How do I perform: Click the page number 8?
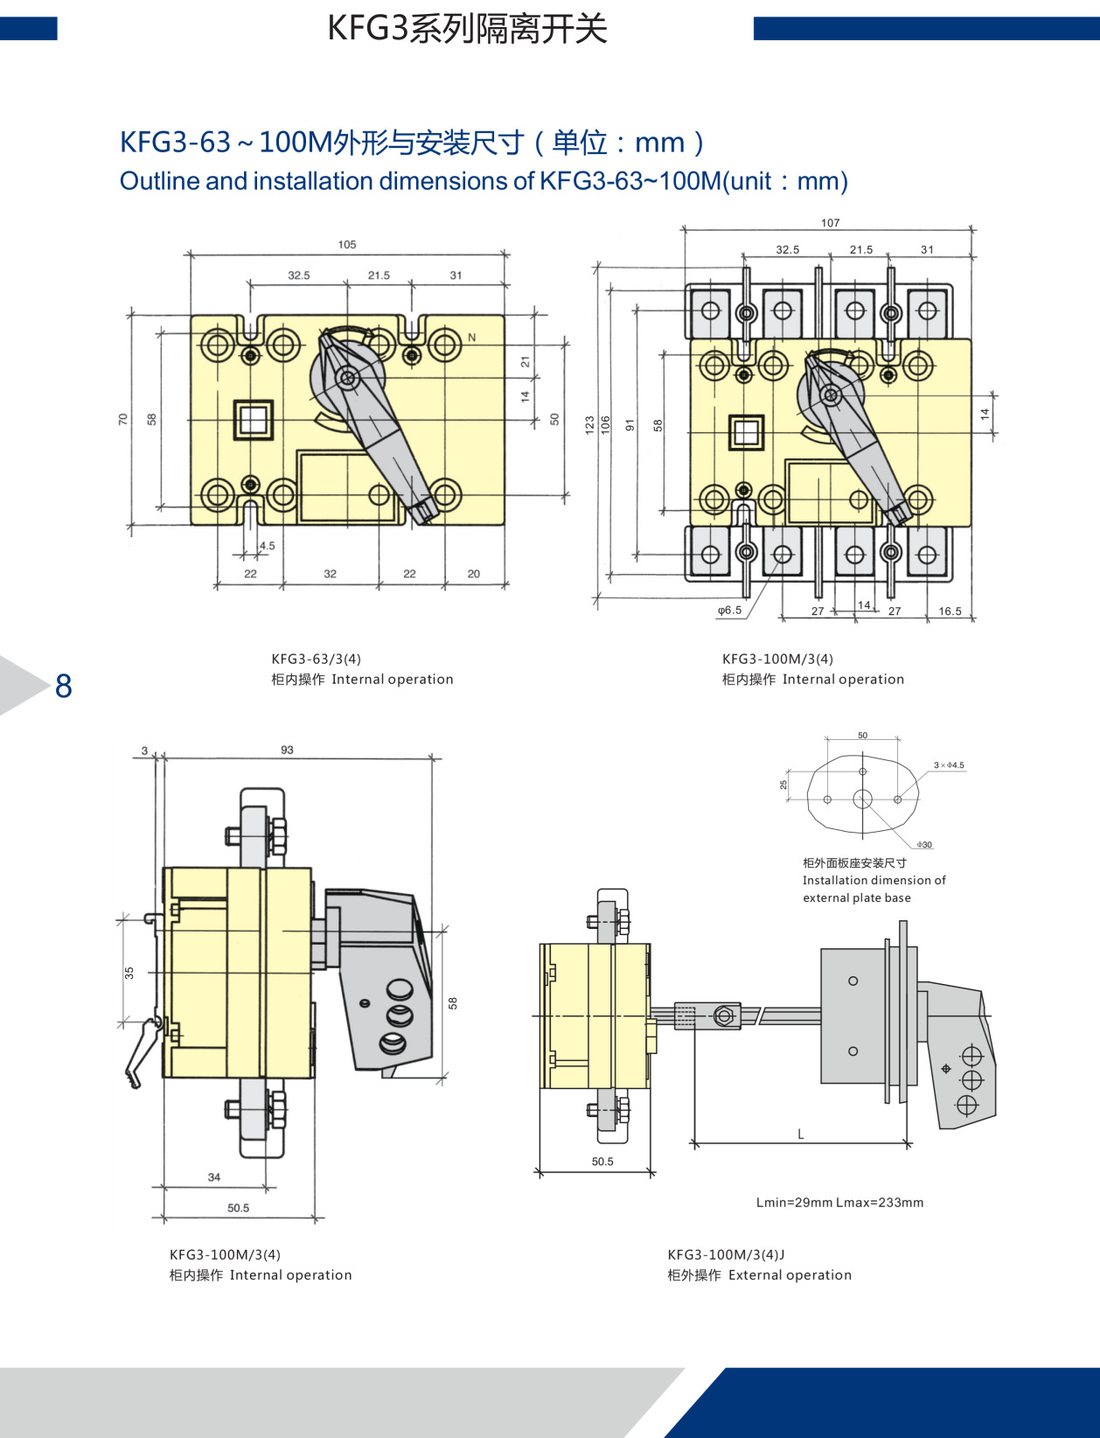click(63, 687)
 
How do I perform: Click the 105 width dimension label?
click(347, 245)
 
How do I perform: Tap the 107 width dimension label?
click(830, 223)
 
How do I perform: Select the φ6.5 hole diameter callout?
click(729, 611)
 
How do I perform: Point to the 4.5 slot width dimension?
click(267, 546)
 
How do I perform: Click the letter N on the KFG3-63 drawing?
click(472, 338)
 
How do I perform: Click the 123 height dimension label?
click(590, 425)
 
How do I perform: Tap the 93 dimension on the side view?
click(287, 750)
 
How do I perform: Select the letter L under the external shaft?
click(800, 1134)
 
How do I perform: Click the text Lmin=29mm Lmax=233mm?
click(839, 1203)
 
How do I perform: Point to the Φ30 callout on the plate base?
click(924, 845)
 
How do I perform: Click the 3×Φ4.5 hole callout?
click(949, 765)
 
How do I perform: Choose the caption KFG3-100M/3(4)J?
click(726, 1254)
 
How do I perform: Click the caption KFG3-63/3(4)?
click(316, 659)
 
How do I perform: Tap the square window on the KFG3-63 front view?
click(253, 420)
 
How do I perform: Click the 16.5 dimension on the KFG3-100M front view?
click(950, 611)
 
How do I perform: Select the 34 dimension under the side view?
click(214, 1177)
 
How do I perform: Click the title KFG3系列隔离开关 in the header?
click(467, 29)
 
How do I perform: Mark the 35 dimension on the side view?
click(129, 973)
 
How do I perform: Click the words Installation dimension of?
click(874, 880)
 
